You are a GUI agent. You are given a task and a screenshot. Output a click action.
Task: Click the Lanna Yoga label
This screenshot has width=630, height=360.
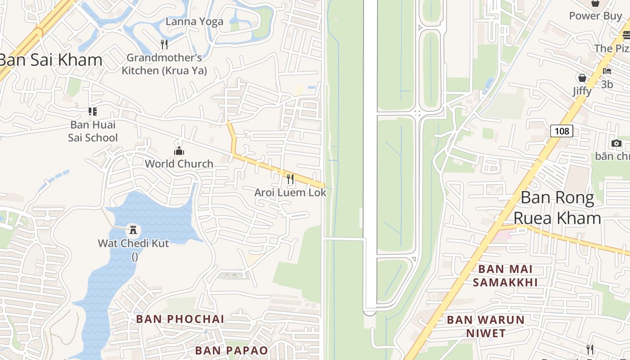point(194,22)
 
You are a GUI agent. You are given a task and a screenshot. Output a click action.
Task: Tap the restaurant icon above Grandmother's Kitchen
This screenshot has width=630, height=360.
point(164,44)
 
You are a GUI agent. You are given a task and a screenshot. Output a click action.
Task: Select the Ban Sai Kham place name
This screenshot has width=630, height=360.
point(50,60)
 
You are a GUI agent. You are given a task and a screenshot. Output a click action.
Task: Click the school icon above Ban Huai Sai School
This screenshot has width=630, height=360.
point(93,111)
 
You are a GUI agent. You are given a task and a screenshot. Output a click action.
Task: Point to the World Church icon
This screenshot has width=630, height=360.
point(179,150)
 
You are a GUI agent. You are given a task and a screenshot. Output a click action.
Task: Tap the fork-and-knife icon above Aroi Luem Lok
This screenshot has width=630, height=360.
point(290,179)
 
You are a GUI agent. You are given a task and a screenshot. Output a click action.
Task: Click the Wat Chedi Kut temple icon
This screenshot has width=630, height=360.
point(133,230)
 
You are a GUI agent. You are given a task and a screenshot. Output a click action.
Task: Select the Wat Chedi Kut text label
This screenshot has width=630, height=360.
point(134,243)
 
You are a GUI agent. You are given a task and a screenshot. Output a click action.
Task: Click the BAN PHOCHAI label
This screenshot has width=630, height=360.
point(180,319)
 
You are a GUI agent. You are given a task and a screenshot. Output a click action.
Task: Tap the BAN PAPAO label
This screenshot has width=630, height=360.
point(231,350)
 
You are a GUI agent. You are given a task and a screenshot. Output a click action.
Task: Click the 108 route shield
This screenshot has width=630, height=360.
point(562,131)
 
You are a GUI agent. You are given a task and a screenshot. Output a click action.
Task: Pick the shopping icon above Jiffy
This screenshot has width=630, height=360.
point(582,78)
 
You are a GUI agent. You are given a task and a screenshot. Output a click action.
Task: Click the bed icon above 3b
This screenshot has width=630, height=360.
point(607,71)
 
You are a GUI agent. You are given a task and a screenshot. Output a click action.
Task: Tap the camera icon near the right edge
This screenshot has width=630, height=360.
point(616,144)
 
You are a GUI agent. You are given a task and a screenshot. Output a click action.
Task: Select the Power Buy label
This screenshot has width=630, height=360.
point(595,16)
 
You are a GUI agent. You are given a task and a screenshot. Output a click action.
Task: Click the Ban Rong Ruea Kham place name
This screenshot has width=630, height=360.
point(558,208)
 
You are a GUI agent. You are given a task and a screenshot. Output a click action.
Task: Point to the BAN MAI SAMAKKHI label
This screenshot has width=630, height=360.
point(505,275)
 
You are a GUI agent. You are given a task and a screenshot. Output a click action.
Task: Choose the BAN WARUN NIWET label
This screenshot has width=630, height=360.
point(486,326)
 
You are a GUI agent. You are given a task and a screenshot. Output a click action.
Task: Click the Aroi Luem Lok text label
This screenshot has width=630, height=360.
point(290,193)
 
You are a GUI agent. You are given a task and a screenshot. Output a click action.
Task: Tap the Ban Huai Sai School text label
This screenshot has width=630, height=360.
point(93,131)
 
